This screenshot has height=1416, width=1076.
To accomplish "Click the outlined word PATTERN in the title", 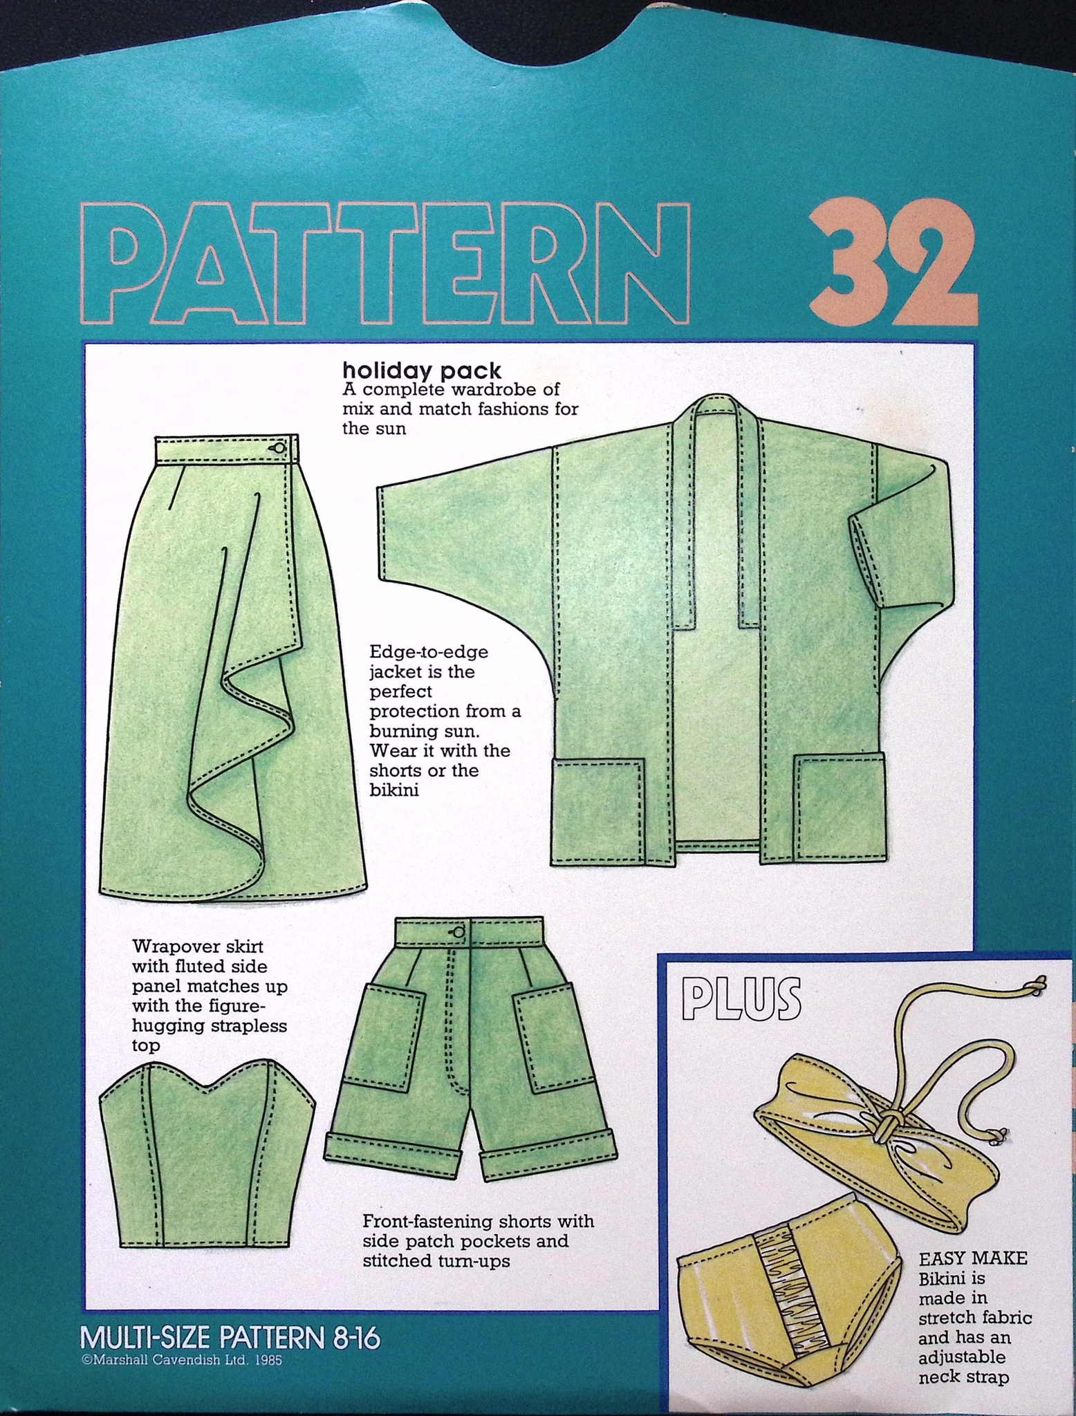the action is (386, 263).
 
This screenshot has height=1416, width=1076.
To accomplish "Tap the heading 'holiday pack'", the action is (422, 371).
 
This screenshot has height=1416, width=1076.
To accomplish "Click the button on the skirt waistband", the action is (279, 448).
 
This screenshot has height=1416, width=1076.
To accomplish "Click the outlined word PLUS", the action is (741, 999).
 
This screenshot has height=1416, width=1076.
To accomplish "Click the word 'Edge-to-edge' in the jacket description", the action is (429, 652).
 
